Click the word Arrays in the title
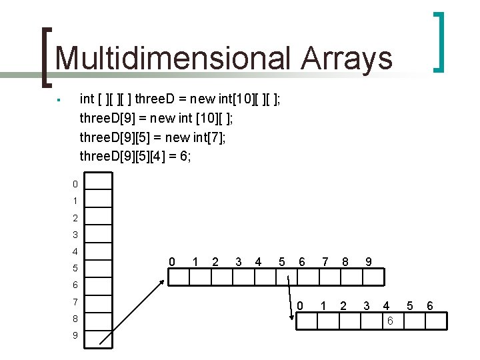click(x=347, y=58)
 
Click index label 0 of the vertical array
click(x=75, y=184)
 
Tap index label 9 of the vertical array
click(x=75, y=335)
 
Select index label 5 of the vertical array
click(x=75, y=268)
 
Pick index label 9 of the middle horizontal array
click(x=368, y=262)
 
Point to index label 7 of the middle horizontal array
click(x=325, y=262)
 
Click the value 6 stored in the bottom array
click(x=390, y=321)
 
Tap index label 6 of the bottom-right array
click(x=430, y=306)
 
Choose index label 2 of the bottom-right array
click(x=343, y=306)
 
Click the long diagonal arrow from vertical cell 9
click(x=131, y=311)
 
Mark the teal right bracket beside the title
click(x=439, y=41)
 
